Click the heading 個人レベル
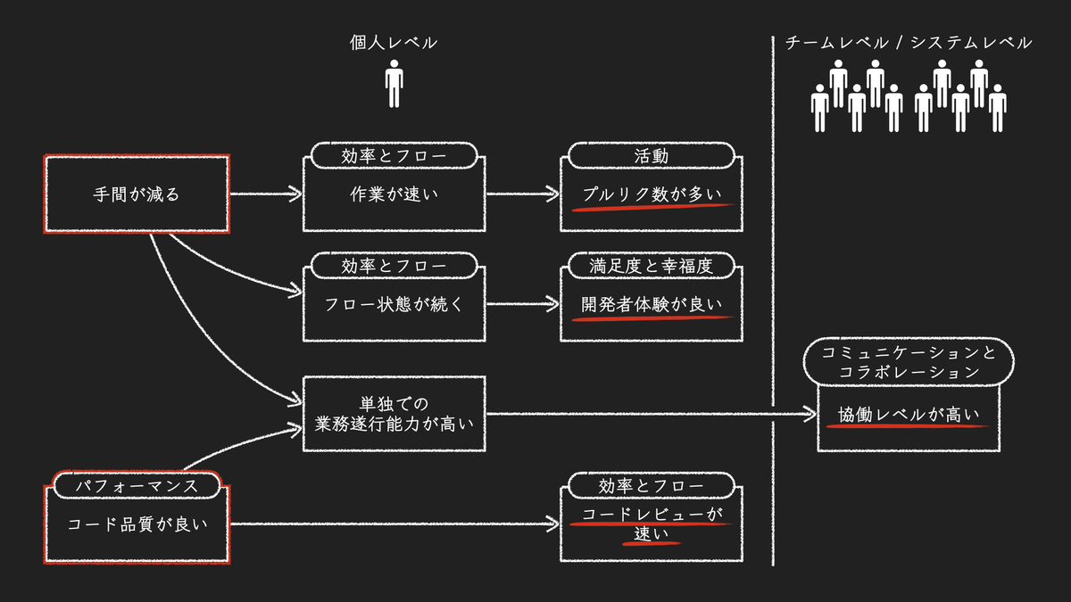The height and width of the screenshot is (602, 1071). (x=394, y=43)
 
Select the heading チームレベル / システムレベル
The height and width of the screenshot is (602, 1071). (x=909, y=43)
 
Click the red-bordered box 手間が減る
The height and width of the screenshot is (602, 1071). (x=137, y=194)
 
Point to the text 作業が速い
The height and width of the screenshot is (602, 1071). (x=394, y=194)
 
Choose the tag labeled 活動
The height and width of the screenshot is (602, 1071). (x=651, y=156)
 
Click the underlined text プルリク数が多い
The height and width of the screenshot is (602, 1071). (x=651, y=195)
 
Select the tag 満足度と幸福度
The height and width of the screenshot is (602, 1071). (x=651, y=266)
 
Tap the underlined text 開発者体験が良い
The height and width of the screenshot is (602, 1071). (x=651, y=304)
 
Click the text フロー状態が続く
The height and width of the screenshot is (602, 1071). (x=394, y=304)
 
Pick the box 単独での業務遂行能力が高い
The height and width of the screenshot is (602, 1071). (x=394, y=414)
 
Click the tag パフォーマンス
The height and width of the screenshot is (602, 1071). (x=137, y=486)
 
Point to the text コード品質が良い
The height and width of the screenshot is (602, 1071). (x=137, y=524)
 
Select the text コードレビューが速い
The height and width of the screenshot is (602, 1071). (x=651, y=524)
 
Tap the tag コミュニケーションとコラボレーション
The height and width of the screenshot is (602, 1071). (x=909, y=361)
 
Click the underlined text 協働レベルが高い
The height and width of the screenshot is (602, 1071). (x=909, y=415)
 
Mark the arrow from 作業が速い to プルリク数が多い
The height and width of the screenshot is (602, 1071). (x=522, y=194)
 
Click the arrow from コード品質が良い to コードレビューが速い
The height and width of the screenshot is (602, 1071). (x=393, y=524)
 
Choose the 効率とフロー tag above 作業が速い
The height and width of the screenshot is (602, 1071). (x=394, y=156)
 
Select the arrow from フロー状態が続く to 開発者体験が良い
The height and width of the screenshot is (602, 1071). (x=522, y=304)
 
